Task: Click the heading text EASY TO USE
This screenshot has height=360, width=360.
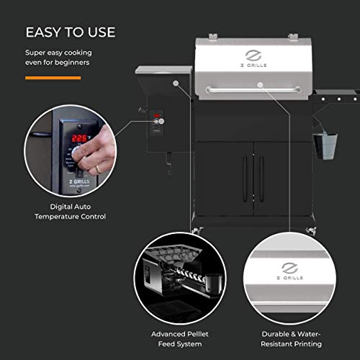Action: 70,33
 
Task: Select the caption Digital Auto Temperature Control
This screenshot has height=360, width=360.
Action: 70,210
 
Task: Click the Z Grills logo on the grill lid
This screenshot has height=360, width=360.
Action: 252,58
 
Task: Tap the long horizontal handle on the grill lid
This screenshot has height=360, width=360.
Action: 253,89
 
